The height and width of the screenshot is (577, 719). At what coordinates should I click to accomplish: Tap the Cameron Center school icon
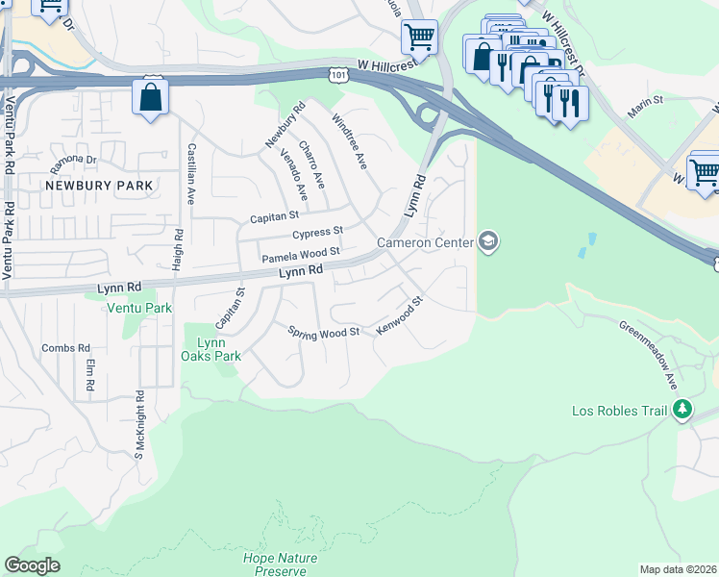488,241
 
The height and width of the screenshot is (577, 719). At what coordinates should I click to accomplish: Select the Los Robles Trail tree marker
682,411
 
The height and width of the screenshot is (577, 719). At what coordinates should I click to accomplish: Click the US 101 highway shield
336,73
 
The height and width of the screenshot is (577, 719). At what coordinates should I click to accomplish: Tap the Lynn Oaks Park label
211,349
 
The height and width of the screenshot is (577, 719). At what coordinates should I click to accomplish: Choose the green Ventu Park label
140,308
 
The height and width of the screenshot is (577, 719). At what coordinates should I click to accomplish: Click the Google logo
32,565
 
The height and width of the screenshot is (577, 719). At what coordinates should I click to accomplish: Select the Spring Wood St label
323,332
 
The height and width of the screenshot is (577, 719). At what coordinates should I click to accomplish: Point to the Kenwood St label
400,315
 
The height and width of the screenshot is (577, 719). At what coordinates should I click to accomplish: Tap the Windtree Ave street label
350,141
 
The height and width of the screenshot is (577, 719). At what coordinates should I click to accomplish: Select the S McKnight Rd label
138,422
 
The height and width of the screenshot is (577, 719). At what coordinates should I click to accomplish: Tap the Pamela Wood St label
302,255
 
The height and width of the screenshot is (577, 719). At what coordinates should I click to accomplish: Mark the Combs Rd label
72,347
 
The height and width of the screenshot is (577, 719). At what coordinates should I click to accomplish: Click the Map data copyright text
677,569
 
